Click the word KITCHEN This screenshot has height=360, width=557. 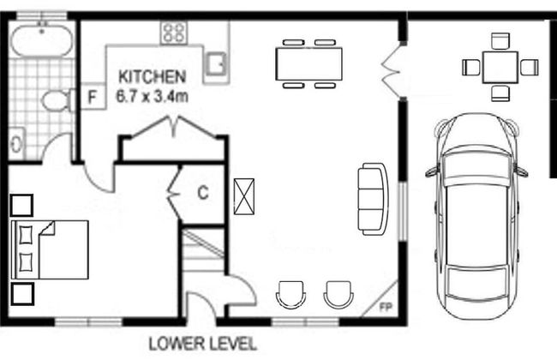click(152, 75)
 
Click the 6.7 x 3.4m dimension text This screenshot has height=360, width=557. click(152, 94)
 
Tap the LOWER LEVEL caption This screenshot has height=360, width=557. click(202, 344)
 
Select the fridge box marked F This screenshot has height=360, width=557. click(92, 96)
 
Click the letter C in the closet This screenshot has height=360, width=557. click(203, 193)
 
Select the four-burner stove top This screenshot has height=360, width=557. click(174, 33)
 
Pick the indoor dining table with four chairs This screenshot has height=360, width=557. click(308, 63)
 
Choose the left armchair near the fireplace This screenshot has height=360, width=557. click(290, 294)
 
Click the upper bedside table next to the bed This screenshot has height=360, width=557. click(21, 206)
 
